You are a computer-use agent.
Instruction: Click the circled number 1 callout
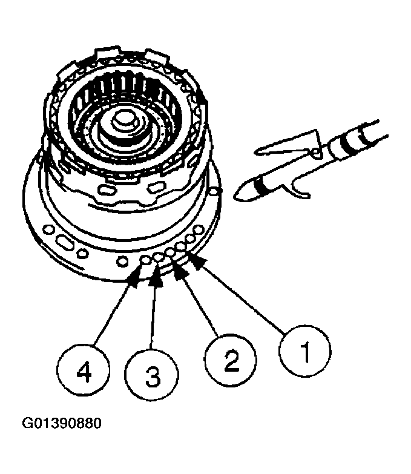click(304, 350)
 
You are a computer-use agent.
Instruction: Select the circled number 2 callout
click(229, 362)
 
